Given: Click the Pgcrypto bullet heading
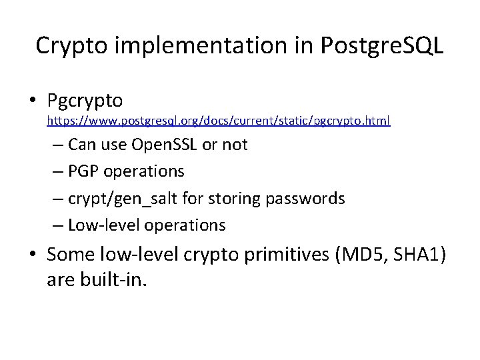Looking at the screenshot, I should coord(85,100).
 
